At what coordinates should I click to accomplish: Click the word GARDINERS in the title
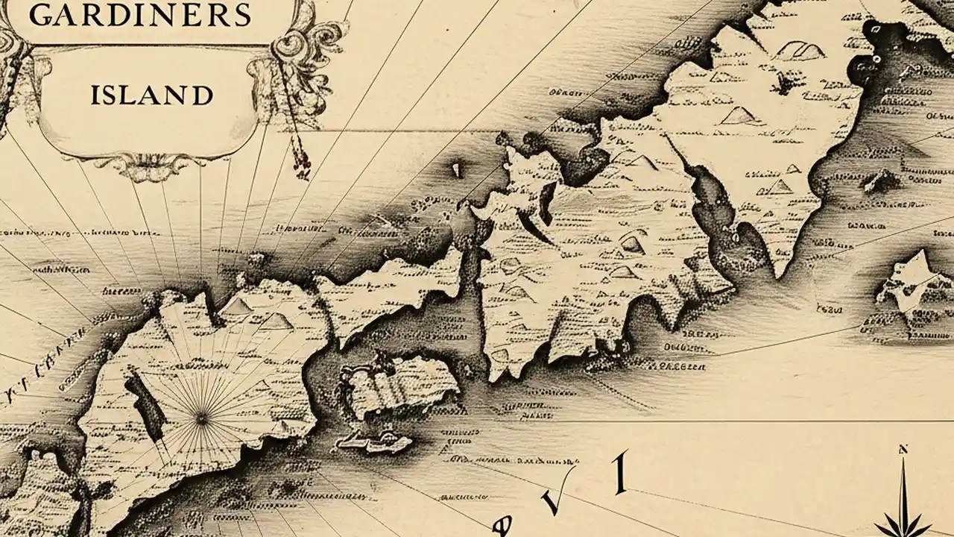[130, 13]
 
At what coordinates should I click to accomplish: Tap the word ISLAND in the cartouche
[151, 95]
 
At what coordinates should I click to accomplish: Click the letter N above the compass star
[903, 450]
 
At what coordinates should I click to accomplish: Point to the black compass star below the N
[904, 515]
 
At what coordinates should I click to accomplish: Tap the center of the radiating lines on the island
[201, 419]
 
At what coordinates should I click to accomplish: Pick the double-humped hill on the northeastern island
[800, 50]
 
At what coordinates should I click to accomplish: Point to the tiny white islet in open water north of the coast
[456, 170]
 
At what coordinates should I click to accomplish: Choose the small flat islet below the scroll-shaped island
[377, 442]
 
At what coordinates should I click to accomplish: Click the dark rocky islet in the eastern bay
[882, 180]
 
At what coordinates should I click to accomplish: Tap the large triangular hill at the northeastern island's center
[738, 115]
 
